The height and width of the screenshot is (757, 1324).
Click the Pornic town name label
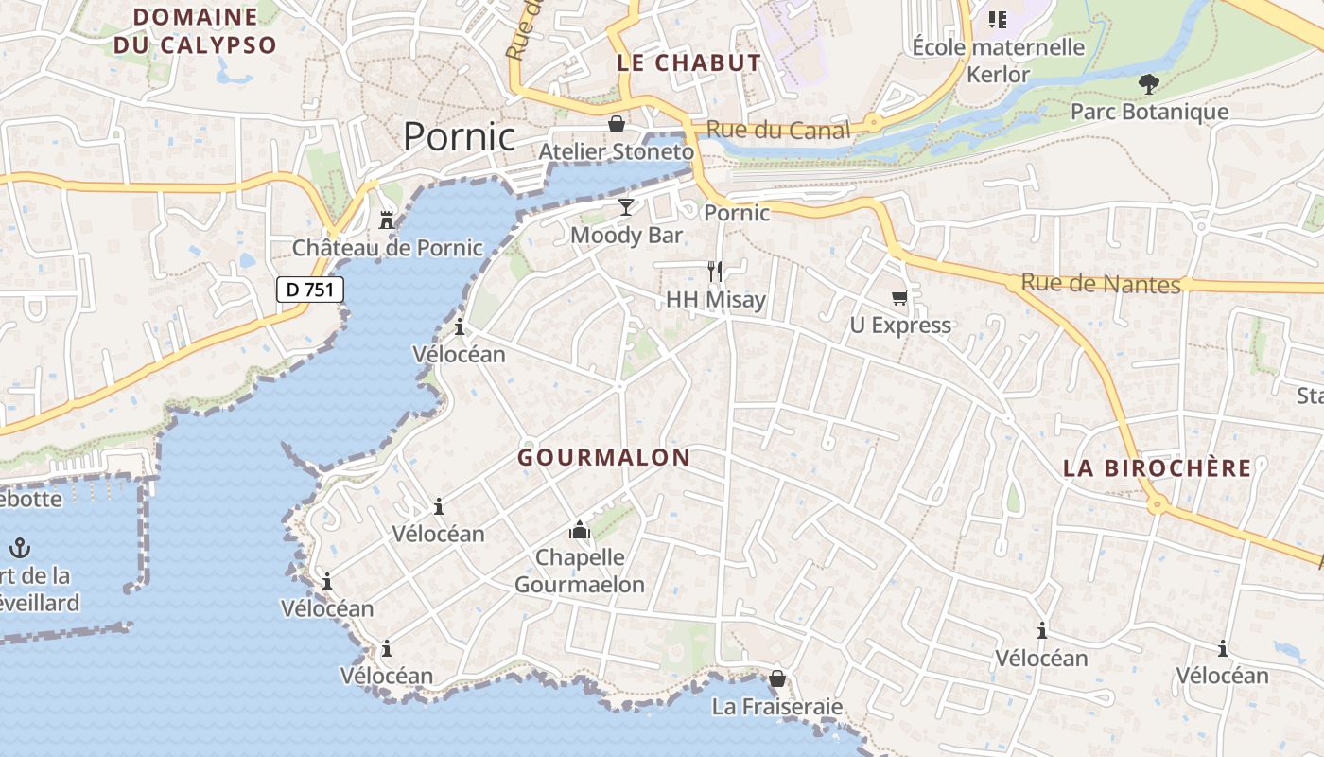(x=460, y=137)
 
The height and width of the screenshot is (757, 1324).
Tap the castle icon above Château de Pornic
(x=386, y=220)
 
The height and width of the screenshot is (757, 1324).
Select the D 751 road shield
(x=309, y=290)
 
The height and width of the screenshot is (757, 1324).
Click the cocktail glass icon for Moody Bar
(x=625, y=206)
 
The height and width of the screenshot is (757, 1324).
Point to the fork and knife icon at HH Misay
(x=715, y=272)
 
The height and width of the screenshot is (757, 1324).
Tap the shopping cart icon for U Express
(x=899, y=297)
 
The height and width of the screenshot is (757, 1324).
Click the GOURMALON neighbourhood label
(x=603, y=458)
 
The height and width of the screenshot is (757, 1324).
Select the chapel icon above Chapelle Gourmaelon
(x=580, y=530)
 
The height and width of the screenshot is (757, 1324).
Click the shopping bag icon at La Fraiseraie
(x=776, y=678)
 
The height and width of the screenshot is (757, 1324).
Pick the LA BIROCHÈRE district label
(x=1157, y=468)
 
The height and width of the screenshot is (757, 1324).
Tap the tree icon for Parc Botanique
(x=1149, y=84)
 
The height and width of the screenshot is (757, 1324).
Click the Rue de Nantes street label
(x=1101, y=283)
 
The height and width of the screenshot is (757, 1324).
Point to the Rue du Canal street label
(x=778, y=131)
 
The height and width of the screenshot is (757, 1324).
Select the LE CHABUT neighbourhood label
(x=688, y=63)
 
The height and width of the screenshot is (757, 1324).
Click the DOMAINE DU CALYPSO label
(x=195, y=30)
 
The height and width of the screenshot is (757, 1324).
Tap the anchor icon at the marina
(x=19, y=548)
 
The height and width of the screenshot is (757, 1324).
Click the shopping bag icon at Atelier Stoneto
(x=616, y=124)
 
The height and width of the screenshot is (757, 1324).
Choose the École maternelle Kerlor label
(x=998, y=60)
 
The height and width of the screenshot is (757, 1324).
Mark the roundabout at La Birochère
(x=1156, y=505)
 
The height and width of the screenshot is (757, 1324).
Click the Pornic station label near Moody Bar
(x=737, y=213)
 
